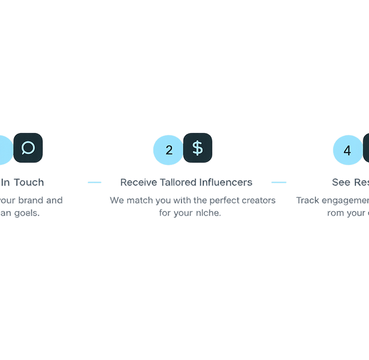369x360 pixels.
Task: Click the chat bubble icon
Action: [28, 147]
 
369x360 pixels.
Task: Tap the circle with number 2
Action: [169, 150]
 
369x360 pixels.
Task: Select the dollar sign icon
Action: [197, 147]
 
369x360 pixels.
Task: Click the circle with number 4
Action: [347, 150]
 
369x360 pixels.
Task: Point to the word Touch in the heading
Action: [29, 182]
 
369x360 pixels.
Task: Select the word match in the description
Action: [139, 201]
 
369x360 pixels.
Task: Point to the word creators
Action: [260, 201]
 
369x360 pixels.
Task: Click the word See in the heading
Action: [341, 182]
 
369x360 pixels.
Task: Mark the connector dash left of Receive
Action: [95, 182]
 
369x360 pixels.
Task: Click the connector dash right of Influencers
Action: [279, 182]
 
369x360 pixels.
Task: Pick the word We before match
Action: [117, 201]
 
